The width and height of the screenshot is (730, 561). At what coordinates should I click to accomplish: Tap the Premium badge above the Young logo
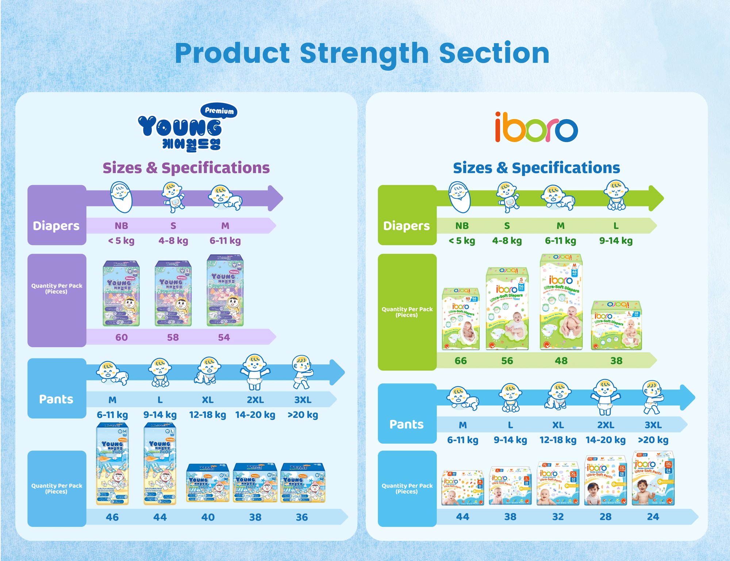coord(219,111)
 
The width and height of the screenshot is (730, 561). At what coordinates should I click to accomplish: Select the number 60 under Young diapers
coord(122,337)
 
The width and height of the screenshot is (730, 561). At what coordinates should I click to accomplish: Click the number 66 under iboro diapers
coord(461,361)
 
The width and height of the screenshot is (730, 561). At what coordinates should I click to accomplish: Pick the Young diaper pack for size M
coord(225,291)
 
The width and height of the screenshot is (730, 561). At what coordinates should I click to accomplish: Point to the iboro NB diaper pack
coord(461,319)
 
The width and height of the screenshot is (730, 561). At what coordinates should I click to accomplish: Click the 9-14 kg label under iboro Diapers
coord(616,241)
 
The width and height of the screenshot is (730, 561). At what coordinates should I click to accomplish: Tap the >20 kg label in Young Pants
coord(303,415)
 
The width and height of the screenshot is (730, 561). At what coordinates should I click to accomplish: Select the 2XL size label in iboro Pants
coord(606,425)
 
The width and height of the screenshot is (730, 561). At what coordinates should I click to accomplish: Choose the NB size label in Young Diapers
coord(122,226)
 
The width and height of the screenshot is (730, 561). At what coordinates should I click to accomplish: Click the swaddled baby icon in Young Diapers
coord(121,197)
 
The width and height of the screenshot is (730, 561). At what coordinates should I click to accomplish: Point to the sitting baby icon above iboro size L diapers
coord(616,195)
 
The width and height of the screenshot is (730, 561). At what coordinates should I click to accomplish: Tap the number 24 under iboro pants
coord(653,517)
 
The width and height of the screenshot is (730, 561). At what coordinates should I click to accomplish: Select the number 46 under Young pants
coord(112,517)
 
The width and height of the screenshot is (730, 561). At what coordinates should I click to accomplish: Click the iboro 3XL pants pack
coord(653,479)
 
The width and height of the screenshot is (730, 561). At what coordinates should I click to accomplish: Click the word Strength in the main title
coord(364,53)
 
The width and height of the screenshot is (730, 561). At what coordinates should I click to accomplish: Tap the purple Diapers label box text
coord(56,226)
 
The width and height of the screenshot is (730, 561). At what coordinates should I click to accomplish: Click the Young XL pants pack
coord(208,483)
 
